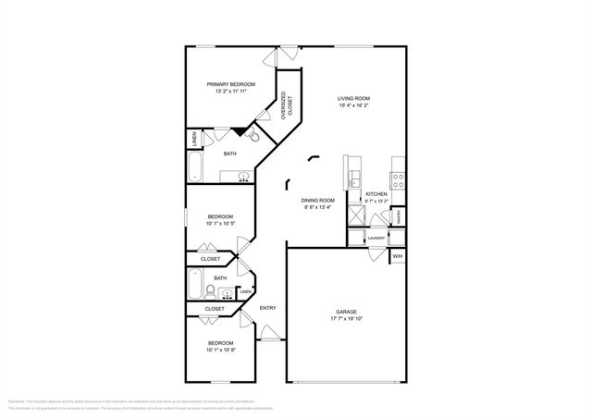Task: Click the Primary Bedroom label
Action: (230, 84)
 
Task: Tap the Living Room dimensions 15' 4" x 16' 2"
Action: (353, 105)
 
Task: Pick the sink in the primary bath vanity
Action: (243, 175)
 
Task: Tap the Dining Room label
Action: (316, 200)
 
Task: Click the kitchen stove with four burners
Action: (397, 178)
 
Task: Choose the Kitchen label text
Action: (375, 193)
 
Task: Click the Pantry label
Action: (398, 217)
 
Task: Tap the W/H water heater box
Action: (398, 255)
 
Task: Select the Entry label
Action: (267, 308)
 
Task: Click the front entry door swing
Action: (268, 332)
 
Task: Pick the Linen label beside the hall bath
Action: (244, 293)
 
